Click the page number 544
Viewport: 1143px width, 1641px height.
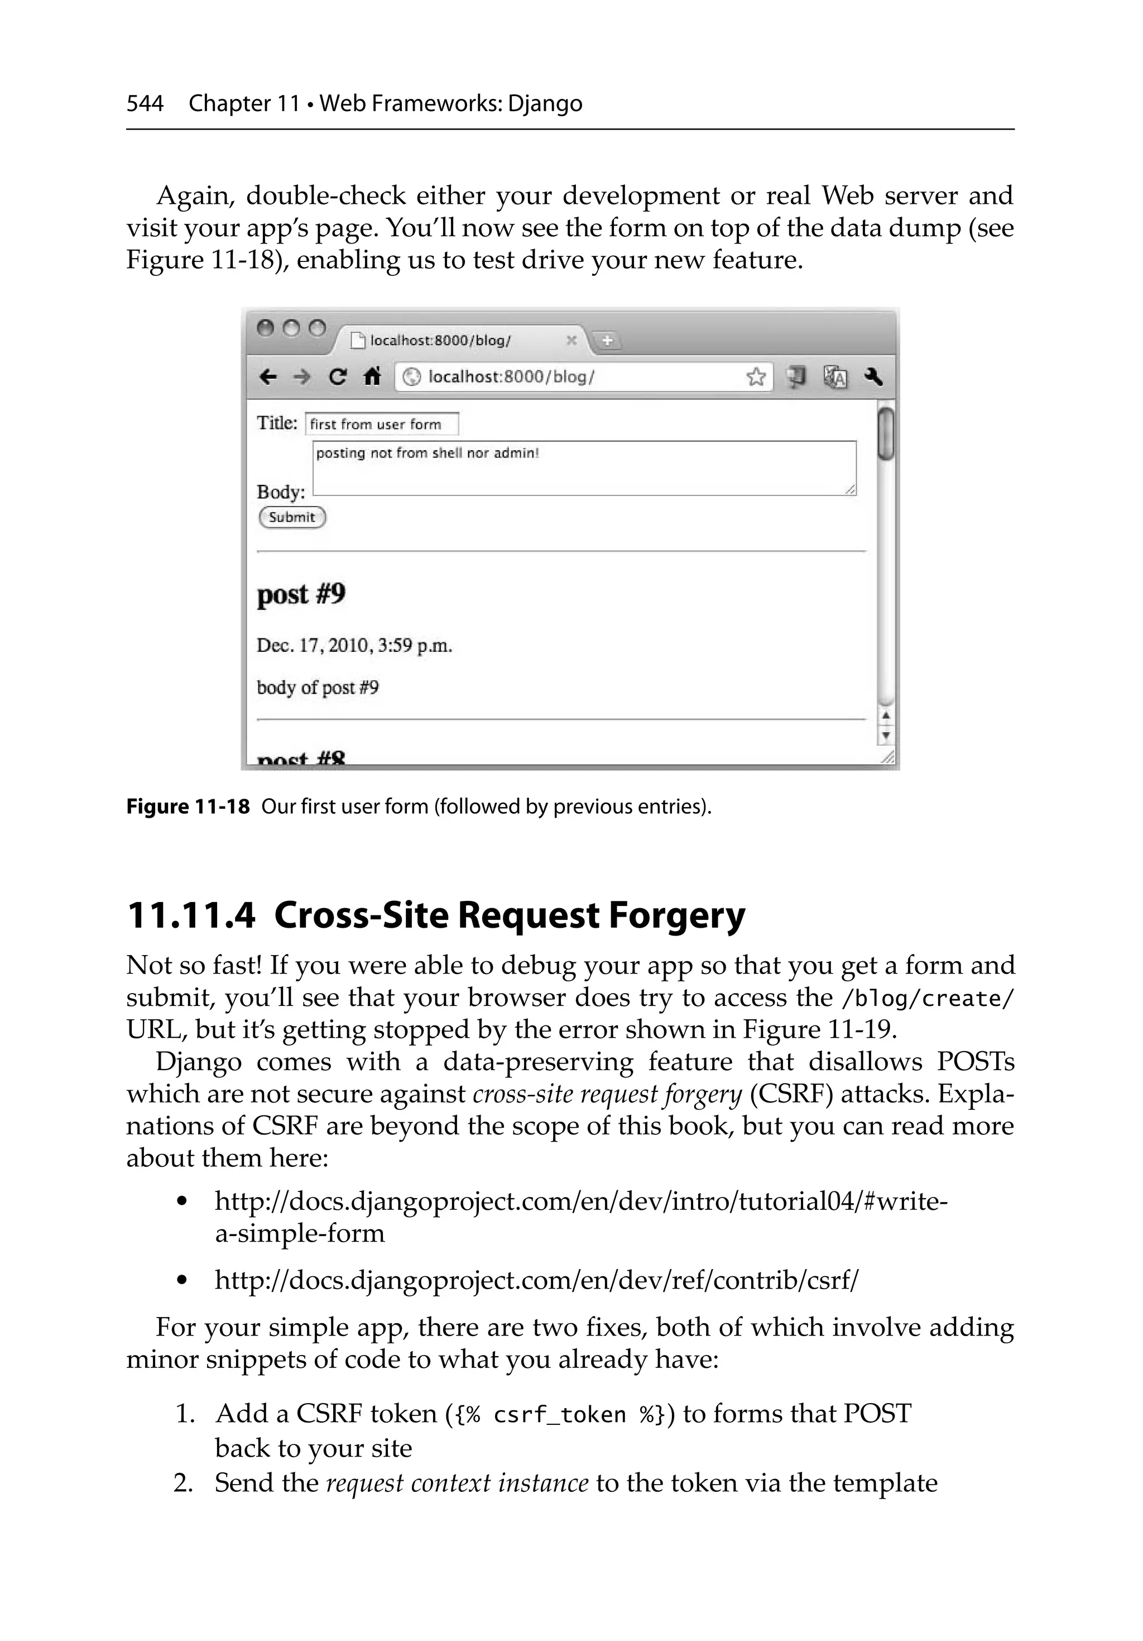pyautogui.click(x=145, y=104)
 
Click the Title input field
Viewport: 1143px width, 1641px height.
pyautogui.click(x=382, y=424)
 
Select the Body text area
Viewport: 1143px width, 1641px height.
pyautogui.click(x=584, y=468)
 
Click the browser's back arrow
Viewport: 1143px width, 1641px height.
pyautogui.click(x=268, y=376)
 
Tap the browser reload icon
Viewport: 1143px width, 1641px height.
pyautogui.click(x=337, y=376)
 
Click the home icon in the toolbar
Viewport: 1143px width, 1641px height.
pyautogui.click(x=372, y=376)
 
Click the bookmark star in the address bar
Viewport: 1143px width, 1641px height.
pyautogui.click(x=755, y=376)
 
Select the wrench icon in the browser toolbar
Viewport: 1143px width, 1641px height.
pyautogui.click(x=873, y=376)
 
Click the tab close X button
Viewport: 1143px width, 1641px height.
pyautogui.click(x=571, y=340)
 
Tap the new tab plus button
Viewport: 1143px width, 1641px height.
pyautogui.click(x=607, y=341)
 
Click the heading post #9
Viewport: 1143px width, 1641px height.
pyautogui.click(x=301, y=594)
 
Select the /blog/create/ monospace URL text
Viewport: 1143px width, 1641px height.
pyautogui.click(x=927, y=999)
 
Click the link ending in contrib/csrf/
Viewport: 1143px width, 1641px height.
pyautogui.click(x=536, y=1280)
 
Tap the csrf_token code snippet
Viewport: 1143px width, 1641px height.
pyautogui.click(x=559, y=1414)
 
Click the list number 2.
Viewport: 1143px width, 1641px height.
pyautogui.click(x=183, y=1482)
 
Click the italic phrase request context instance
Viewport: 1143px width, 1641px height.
pyautogui.click(x=457, y=1482)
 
